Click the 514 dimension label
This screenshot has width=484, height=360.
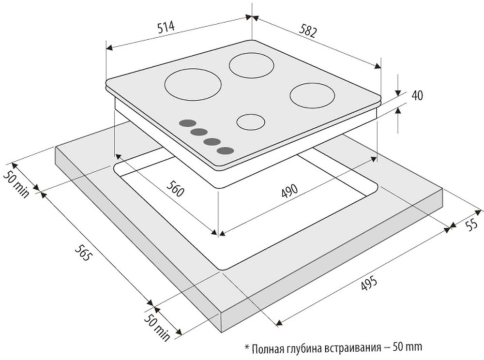click(x=166, y=28)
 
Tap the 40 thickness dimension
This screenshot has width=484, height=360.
click(x=417, y=95)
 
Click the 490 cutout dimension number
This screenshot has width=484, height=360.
click(x=289, y=191)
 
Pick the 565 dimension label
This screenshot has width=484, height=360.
click(x=83, y=253)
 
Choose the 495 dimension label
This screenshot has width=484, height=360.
click(x=368, y=284)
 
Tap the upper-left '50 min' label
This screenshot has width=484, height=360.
click(x=16, y=184)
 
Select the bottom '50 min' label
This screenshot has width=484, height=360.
click(x=157, y=327)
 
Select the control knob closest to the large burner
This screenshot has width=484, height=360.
click(x=187, y=123)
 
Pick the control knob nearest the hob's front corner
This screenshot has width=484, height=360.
click(x=225, y=151)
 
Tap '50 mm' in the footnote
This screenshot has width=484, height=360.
click(x=407, y=347)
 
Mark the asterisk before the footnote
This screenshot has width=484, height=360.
click(x=247, y=347)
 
